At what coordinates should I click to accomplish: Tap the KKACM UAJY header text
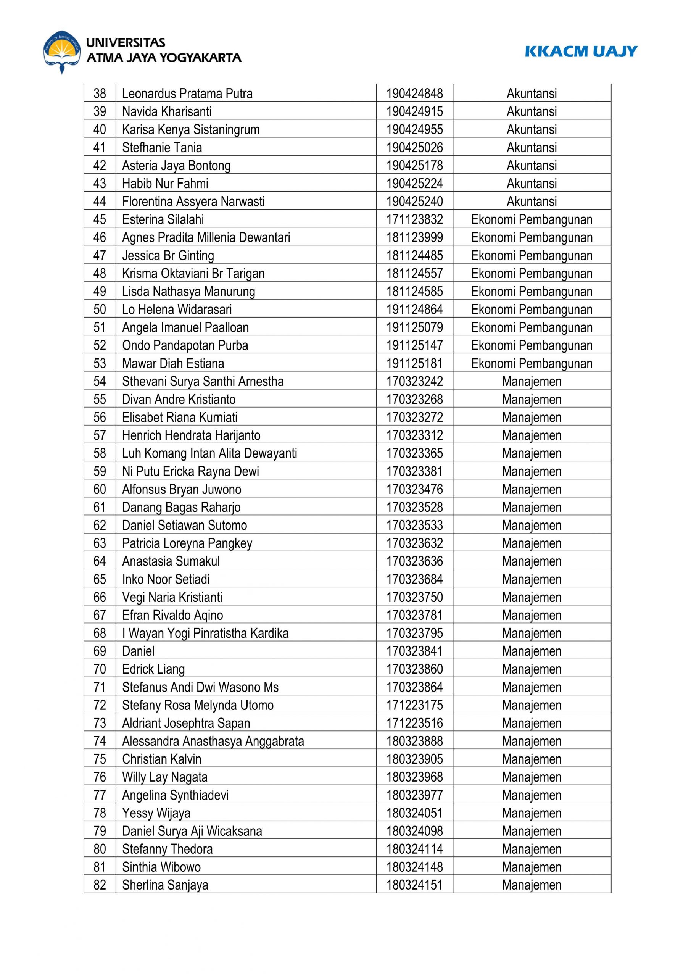[581, 52]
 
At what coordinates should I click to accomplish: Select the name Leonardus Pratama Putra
[187, 93]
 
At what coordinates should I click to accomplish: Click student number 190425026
[414, 147]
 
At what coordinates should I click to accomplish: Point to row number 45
[100, 219]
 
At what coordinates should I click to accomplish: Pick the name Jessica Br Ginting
[168, 255]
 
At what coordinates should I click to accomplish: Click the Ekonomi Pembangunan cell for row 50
[532, 310]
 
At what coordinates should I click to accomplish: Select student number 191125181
[414, 363]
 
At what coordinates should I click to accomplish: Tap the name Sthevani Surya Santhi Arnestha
[203, 381]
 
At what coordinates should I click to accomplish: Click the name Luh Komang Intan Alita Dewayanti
[209, 453]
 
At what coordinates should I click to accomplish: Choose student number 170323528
[414, 507]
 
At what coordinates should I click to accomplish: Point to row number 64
[100, 561]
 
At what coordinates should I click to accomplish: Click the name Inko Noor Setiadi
[166, 579]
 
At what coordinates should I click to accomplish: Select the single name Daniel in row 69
[138, 651]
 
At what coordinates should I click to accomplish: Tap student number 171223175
[414, 705]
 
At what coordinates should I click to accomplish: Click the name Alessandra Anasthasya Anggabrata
[213, 741]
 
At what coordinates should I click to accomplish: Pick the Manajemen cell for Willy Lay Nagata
[532, 777]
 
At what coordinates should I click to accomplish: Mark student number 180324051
[414, 813]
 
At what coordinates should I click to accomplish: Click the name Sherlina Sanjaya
[165, 885]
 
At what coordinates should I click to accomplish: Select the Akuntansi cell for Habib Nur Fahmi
[532, 184]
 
